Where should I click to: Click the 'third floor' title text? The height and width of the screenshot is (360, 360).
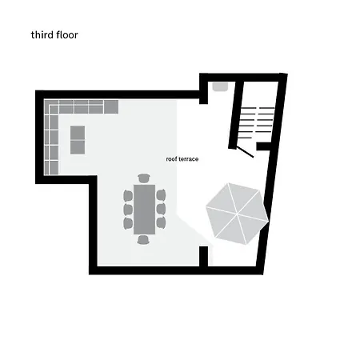coord(54,35)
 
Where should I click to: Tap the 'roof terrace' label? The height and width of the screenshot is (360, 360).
coord(182,159)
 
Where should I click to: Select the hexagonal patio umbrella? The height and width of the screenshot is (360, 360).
coord(237,214)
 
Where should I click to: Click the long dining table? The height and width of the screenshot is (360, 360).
coord(144,210)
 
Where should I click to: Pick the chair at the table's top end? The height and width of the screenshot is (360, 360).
coord(144,178)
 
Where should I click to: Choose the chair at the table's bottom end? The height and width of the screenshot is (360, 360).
coord(143,240)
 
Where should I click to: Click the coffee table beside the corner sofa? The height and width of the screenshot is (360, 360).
coord(78,140)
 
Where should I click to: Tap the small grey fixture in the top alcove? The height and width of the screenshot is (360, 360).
coord(220,86)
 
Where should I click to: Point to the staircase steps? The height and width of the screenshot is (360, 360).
coord(257,122)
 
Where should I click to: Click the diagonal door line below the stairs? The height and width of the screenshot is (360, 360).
coord(245,152)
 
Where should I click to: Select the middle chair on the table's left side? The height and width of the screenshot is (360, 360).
coord(128,209)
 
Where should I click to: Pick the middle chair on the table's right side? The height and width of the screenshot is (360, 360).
coord(161,209)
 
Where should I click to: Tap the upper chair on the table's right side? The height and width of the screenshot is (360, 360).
coord(161,195)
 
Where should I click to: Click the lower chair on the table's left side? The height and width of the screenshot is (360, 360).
coord(128,223)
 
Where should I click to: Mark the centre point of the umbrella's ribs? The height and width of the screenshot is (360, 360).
coord(237,214)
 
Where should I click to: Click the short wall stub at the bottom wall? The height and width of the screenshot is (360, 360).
coord(204,256)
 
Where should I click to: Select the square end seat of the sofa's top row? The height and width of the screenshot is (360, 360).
coord(111,106)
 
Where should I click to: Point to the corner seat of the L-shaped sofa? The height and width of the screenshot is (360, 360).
coord(51,107)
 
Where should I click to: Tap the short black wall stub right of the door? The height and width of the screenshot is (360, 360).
coord(263,146)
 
